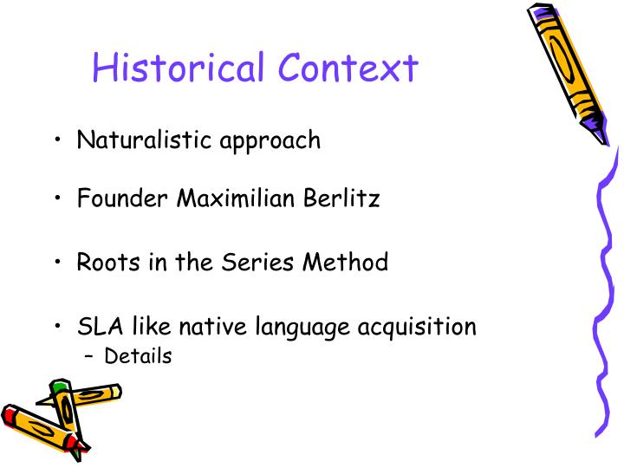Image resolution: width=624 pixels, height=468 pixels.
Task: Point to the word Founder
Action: [121, 198]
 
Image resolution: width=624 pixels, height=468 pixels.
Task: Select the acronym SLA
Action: [97, 327]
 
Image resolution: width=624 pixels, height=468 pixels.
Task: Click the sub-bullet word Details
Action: [138, 356]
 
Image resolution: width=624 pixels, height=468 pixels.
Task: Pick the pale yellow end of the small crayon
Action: [115, 391]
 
